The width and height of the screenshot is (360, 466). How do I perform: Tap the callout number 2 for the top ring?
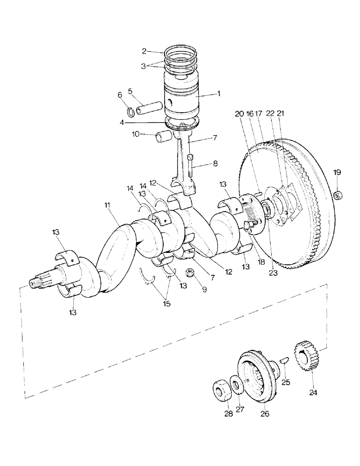coord(145,51)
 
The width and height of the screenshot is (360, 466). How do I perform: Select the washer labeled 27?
coord(237,386)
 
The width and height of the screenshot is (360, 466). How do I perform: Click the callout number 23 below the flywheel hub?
coord(273,274)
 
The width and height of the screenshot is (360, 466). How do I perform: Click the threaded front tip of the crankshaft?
coord(34,283)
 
